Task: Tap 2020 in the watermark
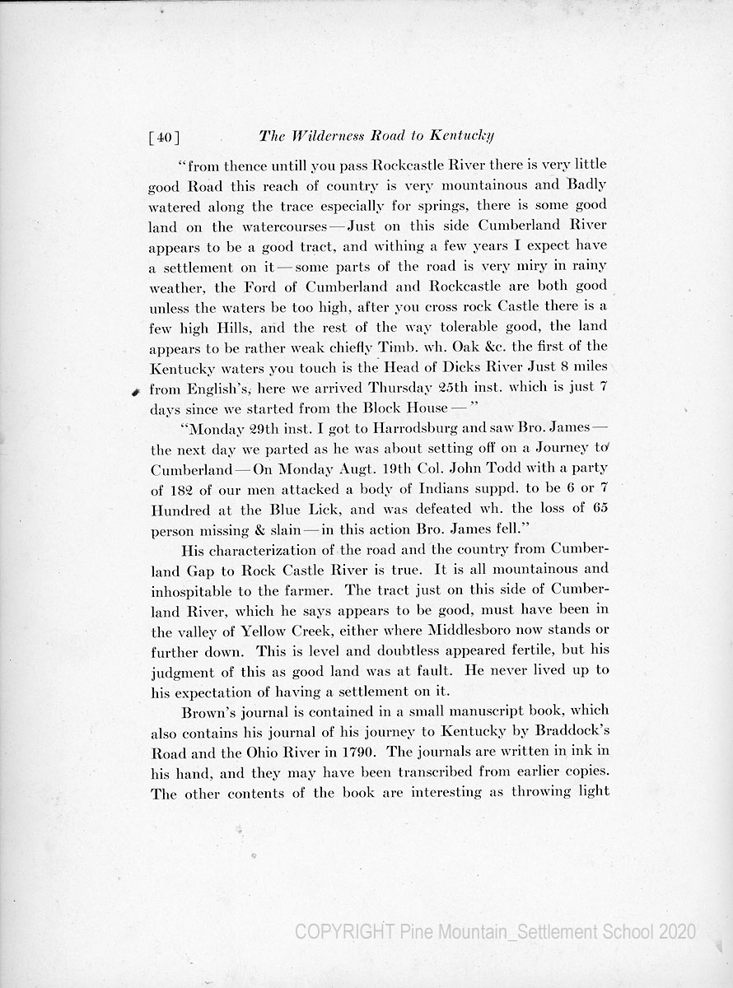pyautogui.click(x=676, y=931)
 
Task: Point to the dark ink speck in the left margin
pyautogui.click(x=133, y=393)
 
